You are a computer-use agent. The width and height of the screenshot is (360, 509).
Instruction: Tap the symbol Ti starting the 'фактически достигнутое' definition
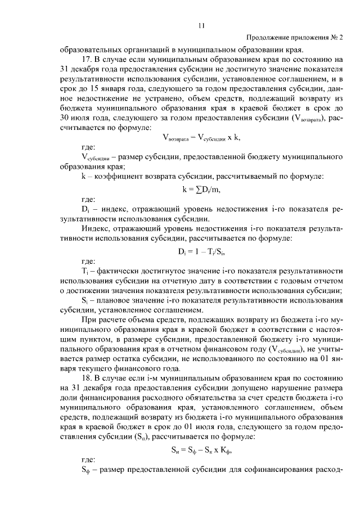tap(85, 271)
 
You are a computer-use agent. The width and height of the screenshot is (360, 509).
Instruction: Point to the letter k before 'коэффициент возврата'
tap(84, 177)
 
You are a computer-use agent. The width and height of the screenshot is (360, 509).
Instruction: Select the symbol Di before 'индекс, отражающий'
tap(86, 209)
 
